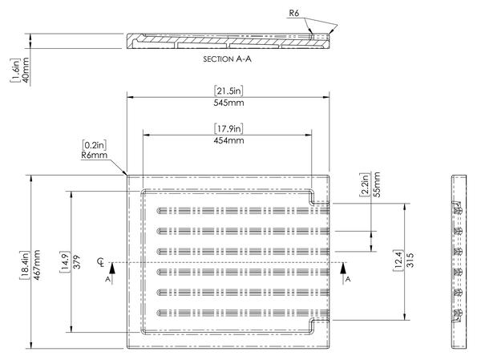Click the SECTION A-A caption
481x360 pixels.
[228, 59]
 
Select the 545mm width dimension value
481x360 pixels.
[228, 103]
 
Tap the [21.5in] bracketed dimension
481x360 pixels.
[228, 91]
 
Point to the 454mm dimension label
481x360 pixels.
[228, 140]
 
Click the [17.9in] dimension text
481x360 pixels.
[228, 128]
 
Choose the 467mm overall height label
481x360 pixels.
[37, 265]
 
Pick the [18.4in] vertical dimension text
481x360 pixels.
[25, 265]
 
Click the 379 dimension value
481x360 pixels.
[77, 262]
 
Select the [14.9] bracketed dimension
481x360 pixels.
[65, 262]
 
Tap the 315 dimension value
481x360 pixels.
[410, 260]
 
